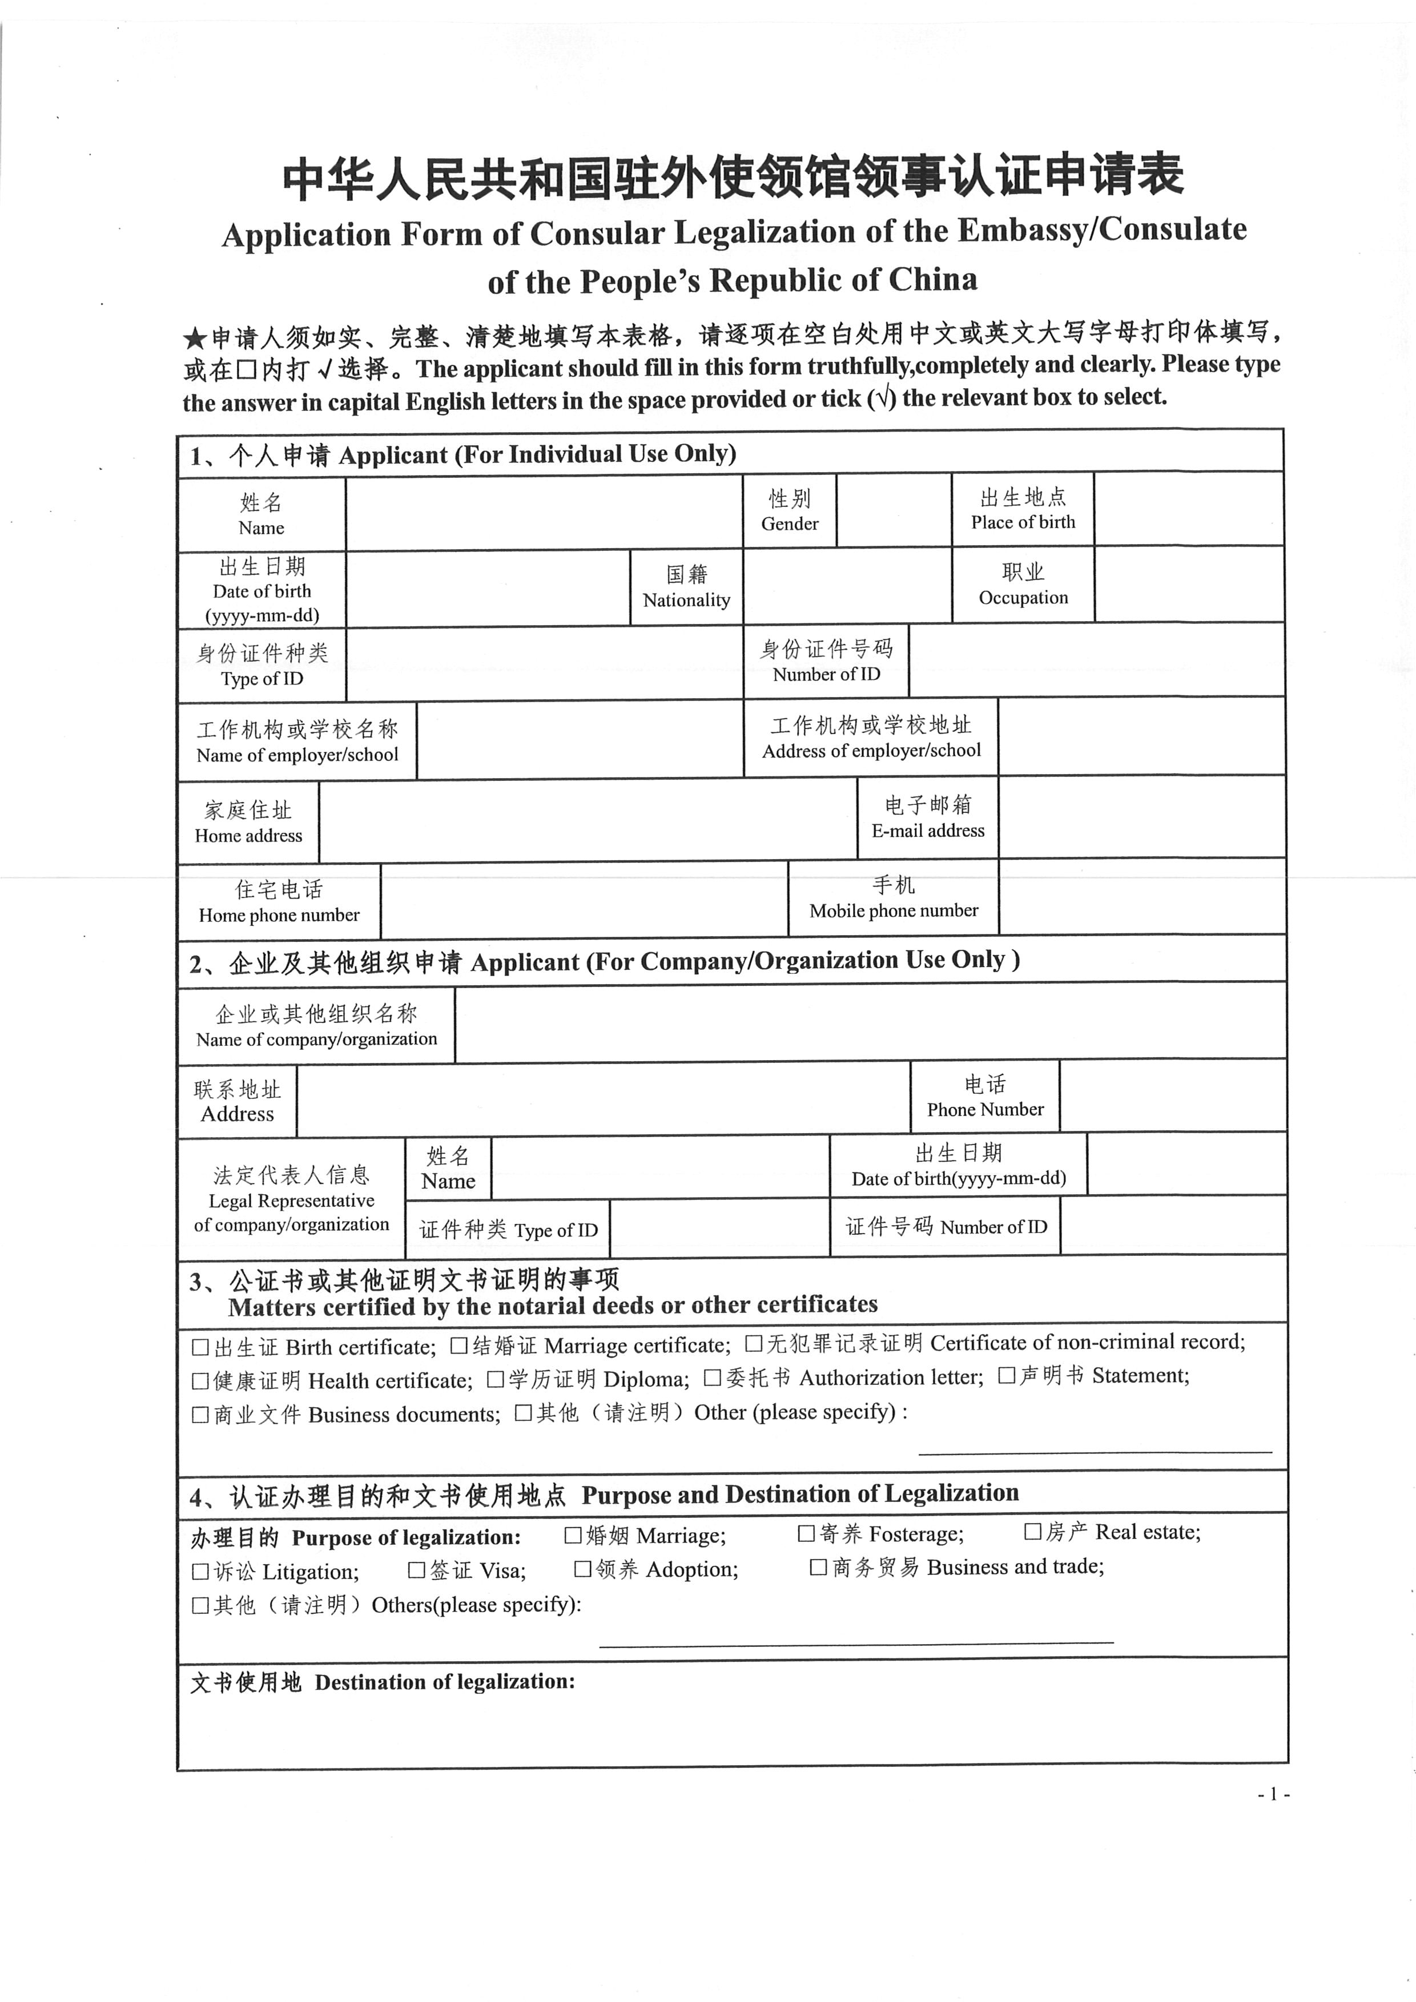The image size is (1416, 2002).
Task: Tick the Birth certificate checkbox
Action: (200, 1347)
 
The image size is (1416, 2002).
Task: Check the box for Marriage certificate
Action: (458, 1346)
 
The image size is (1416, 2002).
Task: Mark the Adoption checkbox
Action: (582, 1569)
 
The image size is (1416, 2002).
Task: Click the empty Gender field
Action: (893, 510)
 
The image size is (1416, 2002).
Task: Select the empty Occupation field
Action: (1188, 584)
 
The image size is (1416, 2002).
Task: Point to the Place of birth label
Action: (1023, 510)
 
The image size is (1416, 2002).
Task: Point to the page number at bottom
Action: (1273, 1794)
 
